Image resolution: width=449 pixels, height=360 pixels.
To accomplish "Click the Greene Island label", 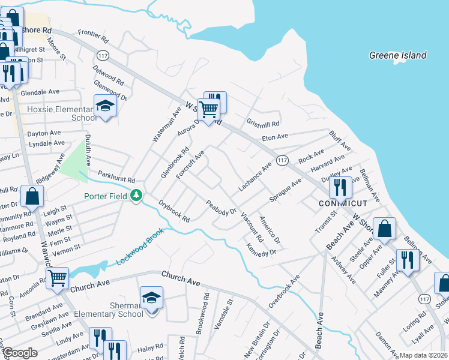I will (397, 56).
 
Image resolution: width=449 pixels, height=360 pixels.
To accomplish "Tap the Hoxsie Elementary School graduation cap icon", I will (106, 106).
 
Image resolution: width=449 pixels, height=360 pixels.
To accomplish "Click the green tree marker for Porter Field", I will (137, 195).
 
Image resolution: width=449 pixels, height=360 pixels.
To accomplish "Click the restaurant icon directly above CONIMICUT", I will (340, 187).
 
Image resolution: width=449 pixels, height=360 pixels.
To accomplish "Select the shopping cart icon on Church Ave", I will (57, 278).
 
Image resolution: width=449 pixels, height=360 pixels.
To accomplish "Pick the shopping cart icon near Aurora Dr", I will (208, 110).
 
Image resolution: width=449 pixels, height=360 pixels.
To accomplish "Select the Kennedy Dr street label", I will (261, 248).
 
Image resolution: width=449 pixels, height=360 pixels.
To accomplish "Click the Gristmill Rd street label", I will (263, 123).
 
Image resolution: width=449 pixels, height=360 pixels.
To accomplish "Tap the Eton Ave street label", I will (275, 139).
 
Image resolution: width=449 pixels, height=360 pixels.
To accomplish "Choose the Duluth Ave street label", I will (87, 150).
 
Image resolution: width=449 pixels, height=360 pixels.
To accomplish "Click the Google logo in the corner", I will (19, 353).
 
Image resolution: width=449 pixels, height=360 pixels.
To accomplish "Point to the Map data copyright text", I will (423, 355).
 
